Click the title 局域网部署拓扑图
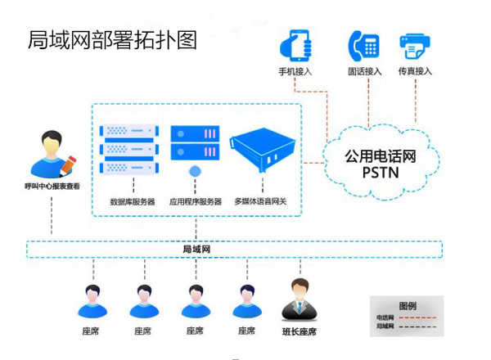[113, 40]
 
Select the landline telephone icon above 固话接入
[363, 44]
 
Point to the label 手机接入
[297, 71]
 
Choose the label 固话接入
[364, 71]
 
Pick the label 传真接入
[415, 71]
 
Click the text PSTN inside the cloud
[379, 172]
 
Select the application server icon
[196, 144]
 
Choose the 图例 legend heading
[407, 305]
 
